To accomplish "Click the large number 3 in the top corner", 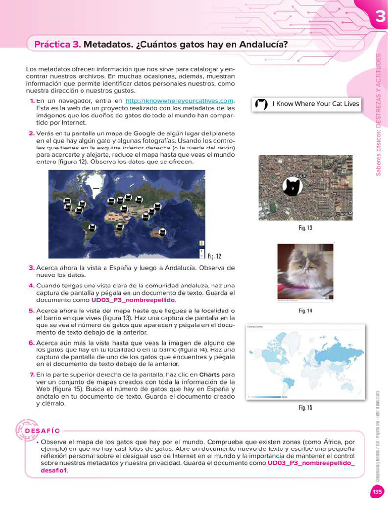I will click(x=380, y=18).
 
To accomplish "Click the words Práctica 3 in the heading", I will click(x=57, y=45).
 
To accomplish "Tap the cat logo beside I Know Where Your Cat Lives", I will click(x=261, y=104).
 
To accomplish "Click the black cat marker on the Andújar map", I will click(x=292, y=187).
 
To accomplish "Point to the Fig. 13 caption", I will click(x=305, y=228).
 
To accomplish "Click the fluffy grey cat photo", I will click(x=305, y=272).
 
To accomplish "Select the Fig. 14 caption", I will click(x=305, y=311).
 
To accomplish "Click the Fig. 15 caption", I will click(x=305, y=407).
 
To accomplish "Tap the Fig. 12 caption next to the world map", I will click(x=214, y=256).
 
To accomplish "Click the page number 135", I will click(x=377, y=492).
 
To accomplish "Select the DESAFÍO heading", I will click(x=42, y=431).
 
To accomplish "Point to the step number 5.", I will click(x=31, y=311).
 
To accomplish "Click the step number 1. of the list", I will click(x=32, y=101).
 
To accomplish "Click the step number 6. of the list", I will click(x=31, y=343).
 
